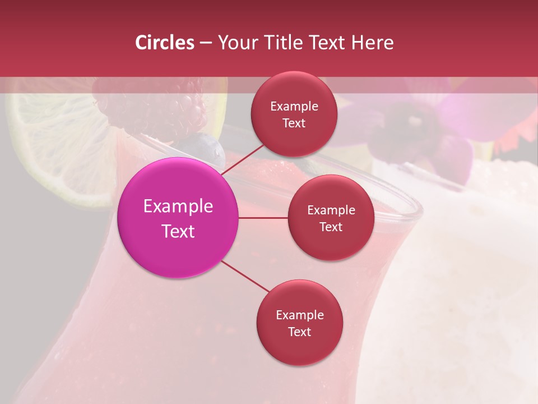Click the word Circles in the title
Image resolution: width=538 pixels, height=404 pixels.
coord(164,43)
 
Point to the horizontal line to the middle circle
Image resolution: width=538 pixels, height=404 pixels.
coord(263,218)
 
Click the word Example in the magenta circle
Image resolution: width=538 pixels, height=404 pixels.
coord(178,206)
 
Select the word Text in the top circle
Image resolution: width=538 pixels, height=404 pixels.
coord(294,123)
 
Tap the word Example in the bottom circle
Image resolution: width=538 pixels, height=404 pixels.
coord(299,315)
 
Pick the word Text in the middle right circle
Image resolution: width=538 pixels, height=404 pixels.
coord(331,227)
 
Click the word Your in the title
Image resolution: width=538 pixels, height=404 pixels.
coord(236,43)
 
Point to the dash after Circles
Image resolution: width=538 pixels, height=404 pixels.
coord(206,43)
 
